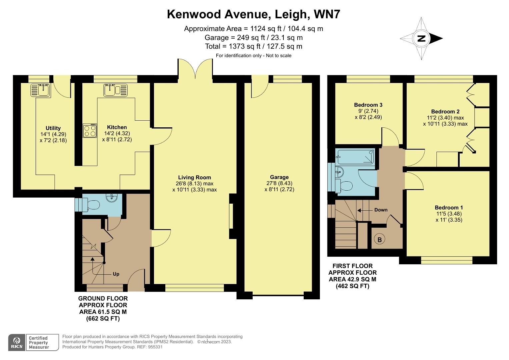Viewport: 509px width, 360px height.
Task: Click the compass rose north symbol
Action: pyautogui.click(x=421, y=38)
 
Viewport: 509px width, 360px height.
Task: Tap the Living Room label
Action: pyautogui.click(x=194, y=177)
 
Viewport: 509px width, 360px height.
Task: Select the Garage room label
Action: pyautogui.click(x=279, y=177)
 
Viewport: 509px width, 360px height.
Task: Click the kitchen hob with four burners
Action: pyautogui.click(x=90, y=130)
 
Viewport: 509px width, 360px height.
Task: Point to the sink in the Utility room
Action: pyautogui.click(x=40, y=90)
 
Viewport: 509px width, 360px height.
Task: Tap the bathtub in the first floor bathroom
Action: pyautogui.click(x=356, y=156)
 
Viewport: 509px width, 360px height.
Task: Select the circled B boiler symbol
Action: pyautogui.click(x=379, y=239)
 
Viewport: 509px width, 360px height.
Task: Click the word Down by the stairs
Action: pyautogui.click(x=381, y=210)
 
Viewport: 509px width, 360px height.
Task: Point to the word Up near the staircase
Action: pyautogui.click(x=116, y=274)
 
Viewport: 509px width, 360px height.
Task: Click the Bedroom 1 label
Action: pyautogui.click(x=449, y=207)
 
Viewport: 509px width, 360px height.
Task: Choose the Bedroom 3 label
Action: pyautogui.click(x=368, y=105)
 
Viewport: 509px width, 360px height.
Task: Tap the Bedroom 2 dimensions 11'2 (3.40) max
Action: pyautogui.click(x=445, y=118)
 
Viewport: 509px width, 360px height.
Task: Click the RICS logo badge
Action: pyautogui.click(x=17, y=342)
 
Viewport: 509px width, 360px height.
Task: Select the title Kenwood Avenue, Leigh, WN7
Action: pyautogui.click(x=253, y=14)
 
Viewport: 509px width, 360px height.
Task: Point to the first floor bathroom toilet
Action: pyautogui.click(x=344, y=185)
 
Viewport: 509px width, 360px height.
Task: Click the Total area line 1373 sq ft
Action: pyautogui.click(x=253, y=46)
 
